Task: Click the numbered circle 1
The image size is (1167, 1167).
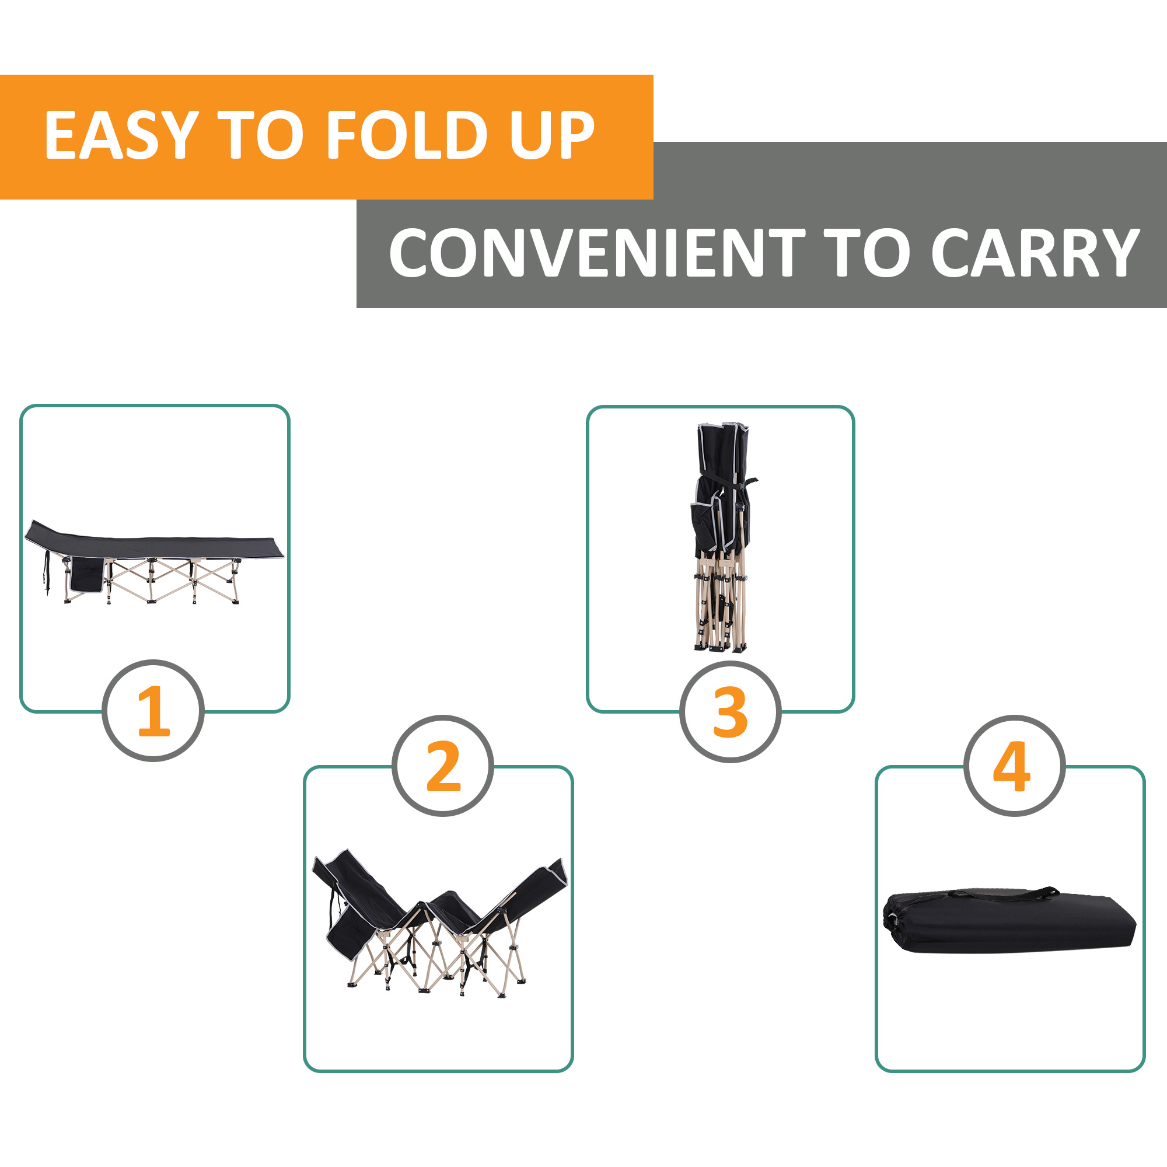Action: [x=153, y=710]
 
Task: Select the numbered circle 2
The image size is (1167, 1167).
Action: [x=443, y=766]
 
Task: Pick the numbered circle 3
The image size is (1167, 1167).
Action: [x=731, y=711]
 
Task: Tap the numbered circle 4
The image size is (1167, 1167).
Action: [x=1014, y=766]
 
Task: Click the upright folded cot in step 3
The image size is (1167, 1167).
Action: [x=722, y=537]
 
